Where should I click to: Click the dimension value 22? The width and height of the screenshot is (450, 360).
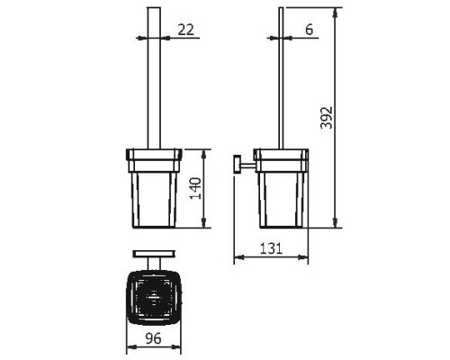tap(186, 30)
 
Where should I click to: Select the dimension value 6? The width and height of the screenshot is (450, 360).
tap(309, 30)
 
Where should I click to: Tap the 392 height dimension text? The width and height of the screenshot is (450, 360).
tap(327, 118)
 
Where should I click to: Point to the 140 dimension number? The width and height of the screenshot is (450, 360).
tap(195, 188)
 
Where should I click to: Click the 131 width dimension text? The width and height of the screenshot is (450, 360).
tap(271, 248)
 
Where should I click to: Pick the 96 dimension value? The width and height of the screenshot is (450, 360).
tap(153, 338)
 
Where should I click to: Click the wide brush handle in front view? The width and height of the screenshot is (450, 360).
tap(154, 78)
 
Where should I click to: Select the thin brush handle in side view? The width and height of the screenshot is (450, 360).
tap(281, 78)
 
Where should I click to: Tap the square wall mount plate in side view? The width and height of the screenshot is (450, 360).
tap(238, 164)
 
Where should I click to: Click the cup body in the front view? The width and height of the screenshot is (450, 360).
tap(154, 200)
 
